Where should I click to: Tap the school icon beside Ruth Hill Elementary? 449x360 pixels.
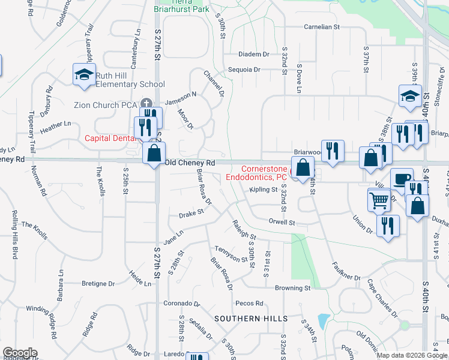coord(83,75)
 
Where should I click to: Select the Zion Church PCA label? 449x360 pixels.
coord(106,104)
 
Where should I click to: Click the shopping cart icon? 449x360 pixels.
coord(379,199)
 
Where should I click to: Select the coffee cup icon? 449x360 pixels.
coord(402,178)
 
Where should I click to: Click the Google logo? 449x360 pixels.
coord(19,353)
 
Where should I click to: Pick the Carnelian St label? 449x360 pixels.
coord(322,27)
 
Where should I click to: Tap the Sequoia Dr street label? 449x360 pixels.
coord(244,70)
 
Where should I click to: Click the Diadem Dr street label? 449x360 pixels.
coord(253,54)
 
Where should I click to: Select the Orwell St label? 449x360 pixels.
coord(283,223)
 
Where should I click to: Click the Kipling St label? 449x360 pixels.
coord(264,190)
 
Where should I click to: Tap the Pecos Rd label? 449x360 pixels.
coord(250,304)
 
